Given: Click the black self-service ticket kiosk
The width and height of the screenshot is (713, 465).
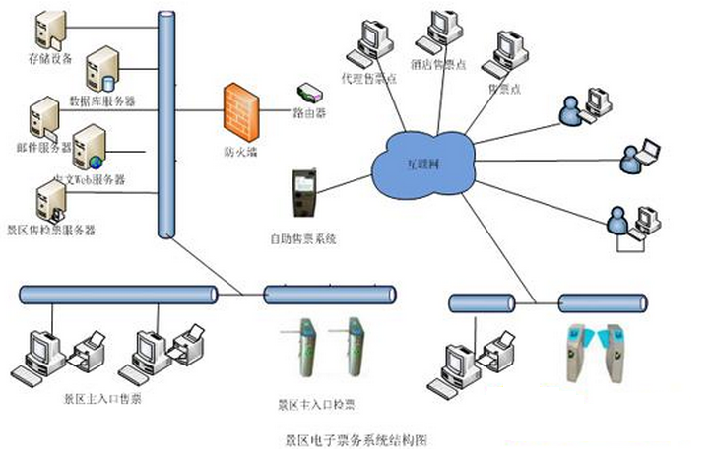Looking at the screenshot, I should point(303,192).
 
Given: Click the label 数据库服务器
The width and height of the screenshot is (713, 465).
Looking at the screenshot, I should point(102,100).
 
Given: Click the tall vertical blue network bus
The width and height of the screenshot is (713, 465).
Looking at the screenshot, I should point(165,123).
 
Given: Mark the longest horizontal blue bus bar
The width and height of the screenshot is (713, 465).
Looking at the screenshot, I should point(119,294).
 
